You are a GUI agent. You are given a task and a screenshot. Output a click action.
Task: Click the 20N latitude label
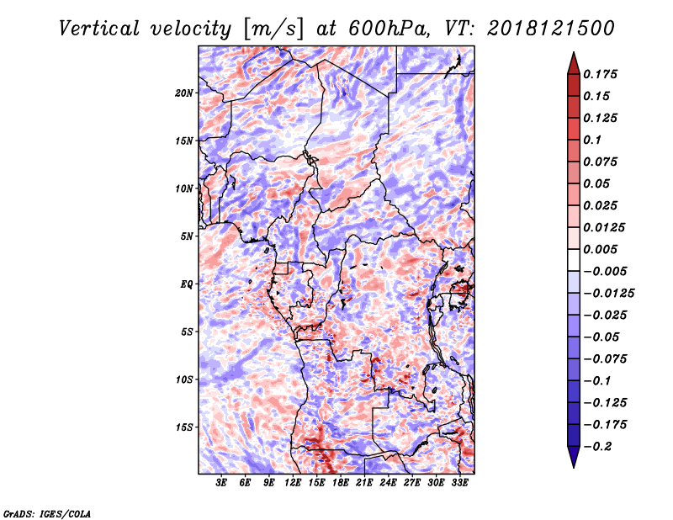[x=184, y=93]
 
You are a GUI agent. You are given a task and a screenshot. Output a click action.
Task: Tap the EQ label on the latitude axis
[x=186, y=284]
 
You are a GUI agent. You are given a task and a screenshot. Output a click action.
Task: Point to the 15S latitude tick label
[x=184, y=427]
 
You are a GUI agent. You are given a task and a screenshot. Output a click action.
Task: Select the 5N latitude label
[x=187, y=236]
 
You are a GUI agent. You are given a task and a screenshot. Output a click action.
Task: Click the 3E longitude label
[x=221, y=483]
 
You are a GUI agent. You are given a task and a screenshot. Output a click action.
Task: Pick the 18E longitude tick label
[x=341, y=483]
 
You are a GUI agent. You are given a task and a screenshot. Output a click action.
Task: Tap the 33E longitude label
[x=459, y=483]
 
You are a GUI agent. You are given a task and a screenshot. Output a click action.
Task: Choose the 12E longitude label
[x=293, y=483]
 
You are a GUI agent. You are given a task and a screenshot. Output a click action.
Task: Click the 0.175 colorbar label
[x=600, y=74]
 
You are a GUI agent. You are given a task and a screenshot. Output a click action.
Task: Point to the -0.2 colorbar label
[x=598, y=447]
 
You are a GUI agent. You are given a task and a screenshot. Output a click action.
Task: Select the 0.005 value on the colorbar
[x=600, y=249]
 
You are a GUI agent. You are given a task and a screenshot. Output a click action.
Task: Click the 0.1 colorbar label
[x=592, y=140]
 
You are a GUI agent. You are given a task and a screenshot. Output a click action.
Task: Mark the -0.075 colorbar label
[x=605, y=359]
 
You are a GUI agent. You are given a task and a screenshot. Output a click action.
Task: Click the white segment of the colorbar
[x=574, y=260]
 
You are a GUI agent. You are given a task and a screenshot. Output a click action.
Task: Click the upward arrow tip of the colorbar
[x=574, y=52]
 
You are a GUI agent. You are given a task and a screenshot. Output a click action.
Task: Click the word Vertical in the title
[x=99, y=29]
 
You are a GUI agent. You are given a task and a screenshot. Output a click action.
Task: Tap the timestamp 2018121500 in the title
[x=551, y=29]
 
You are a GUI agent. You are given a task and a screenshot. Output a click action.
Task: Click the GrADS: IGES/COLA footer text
[x=47, y=513]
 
